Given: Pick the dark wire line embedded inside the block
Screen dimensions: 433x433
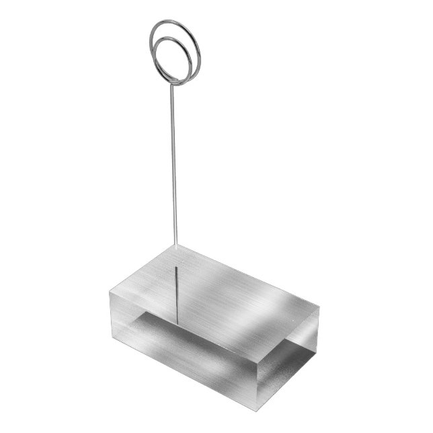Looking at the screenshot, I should tap(176, 289).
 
